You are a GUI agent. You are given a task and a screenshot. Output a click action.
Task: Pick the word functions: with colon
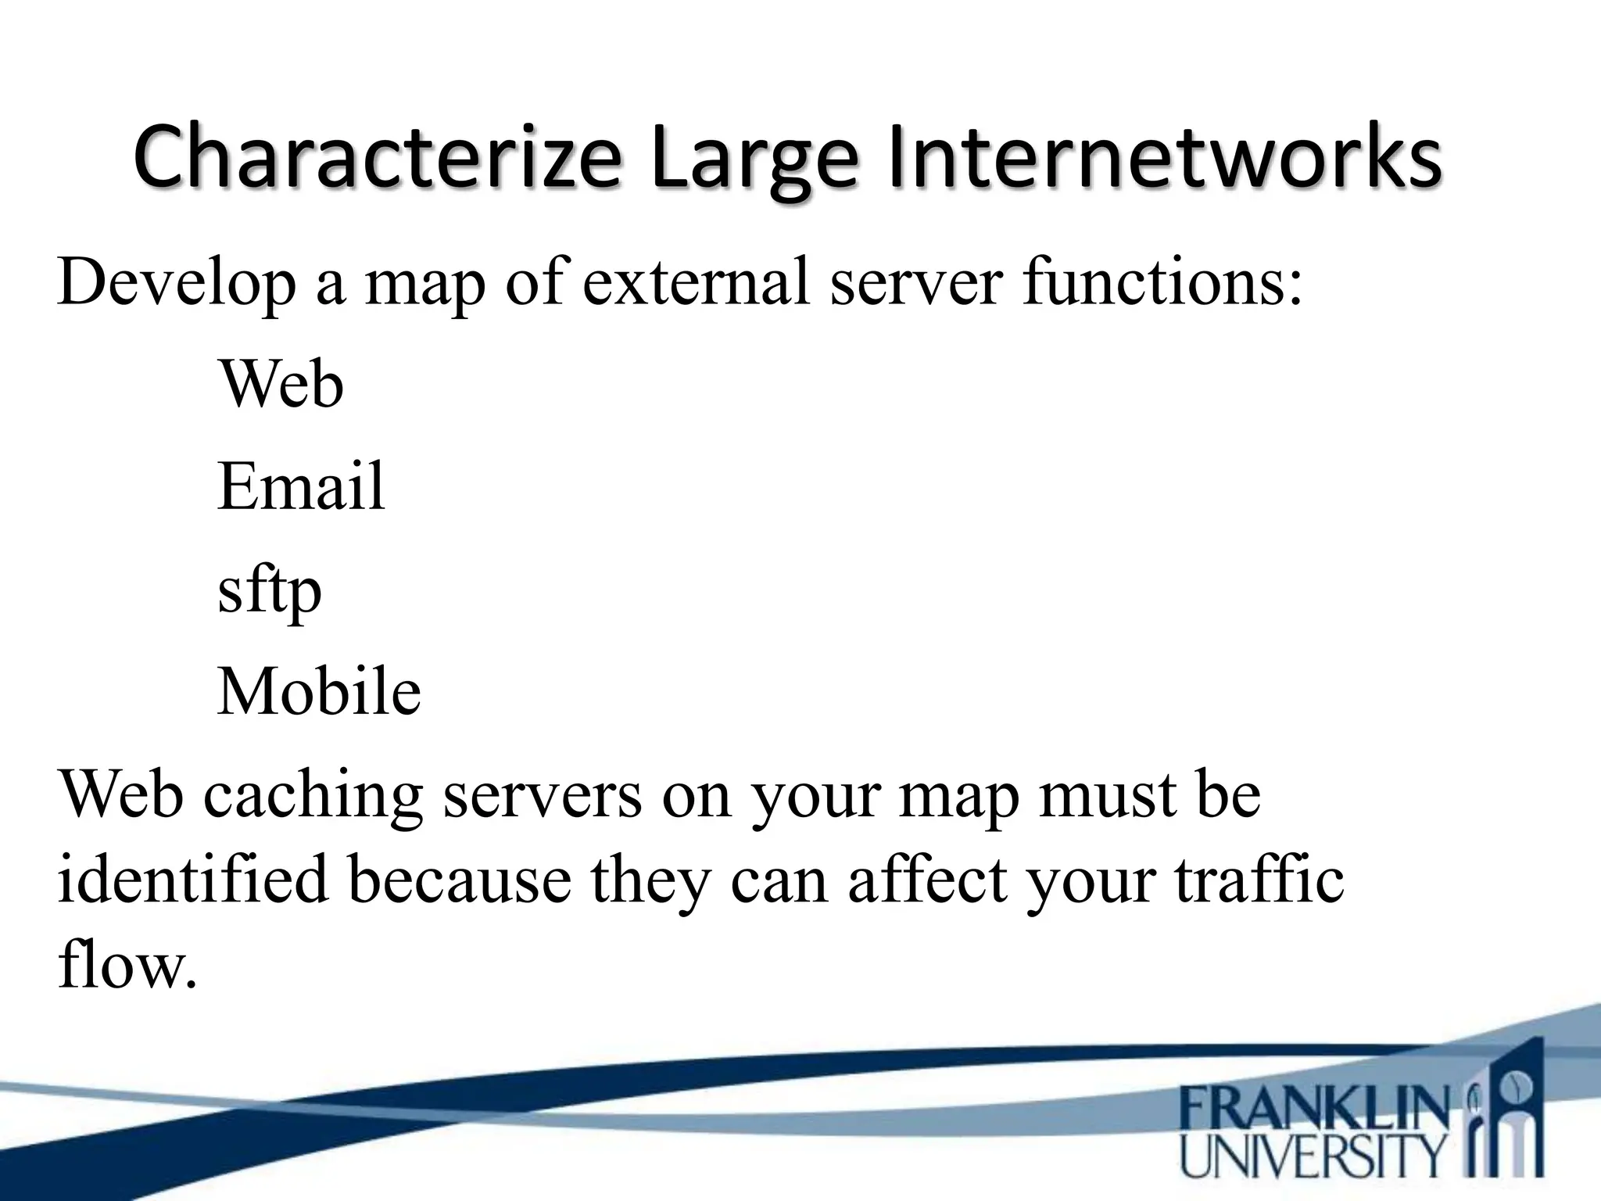(x=1163, y=281)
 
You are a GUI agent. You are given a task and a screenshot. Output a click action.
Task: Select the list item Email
(x=301, y=486)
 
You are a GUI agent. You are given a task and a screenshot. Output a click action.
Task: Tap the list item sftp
(x=269, y=591)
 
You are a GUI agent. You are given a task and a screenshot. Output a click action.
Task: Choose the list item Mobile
(x=319, y=691)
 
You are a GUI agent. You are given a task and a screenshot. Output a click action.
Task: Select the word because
(x=460, y=880)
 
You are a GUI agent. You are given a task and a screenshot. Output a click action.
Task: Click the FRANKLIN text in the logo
(x=1313, y=1110)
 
